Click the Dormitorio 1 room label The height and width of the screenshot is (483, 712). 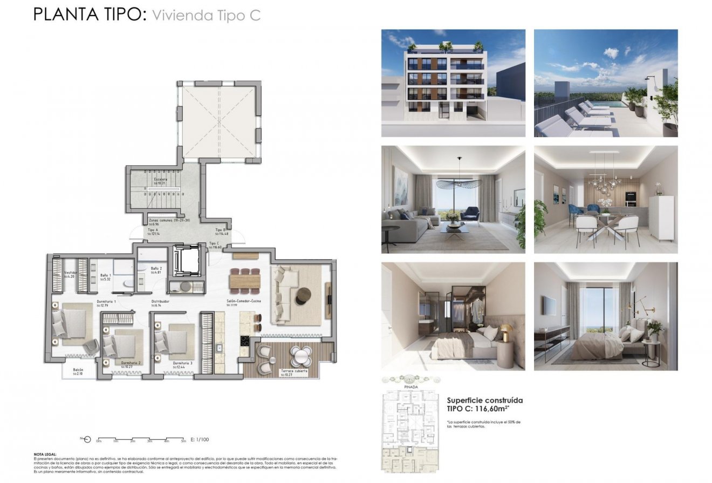pyautogui.click(x=106, y=301)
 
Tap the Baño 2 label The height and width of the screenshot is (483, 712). pyautogui.click(x=156, y=268)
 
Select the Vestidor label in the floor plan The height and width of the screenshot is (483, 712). pyautogui.click(x=71, y=273)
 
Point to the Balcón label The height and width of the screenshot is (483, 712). pyautogui.click(x=78, y=370)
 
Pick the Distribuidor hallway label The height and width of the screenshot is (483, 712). pyautogui.click(x=161, y=301)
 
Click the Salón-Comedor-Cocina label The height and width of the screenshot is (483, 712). pyautogui.click(x=243, y=301)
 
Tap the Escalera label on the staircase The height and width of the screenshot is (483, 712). pyautogui.click(x=160, y=179)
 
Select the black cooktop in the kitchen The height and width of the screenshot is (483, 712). pyautogui.click(x=244, y=341)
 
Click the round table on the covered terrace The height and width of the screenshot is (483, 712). pyautogui.click(x=300, y=356)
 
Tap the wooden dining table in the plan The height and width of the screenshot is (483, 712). pyautogui.click(x=244, y=281)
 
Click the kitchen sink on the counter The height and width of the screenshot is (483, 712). pyautogui.click(x=220, y=348)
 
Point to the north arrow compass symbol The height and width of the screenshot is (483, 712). pyautogui.click(x=86, y=439)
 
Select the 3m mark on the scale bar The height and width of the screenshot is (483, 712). pyautogui.click(x=150, y=441)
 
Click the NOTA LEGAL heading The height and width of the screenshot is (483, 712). pyautogui.click(x=45, y=454)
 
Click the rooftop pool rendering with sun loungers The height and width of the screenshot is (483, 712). pyautogui.click(x=606, y=83)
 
